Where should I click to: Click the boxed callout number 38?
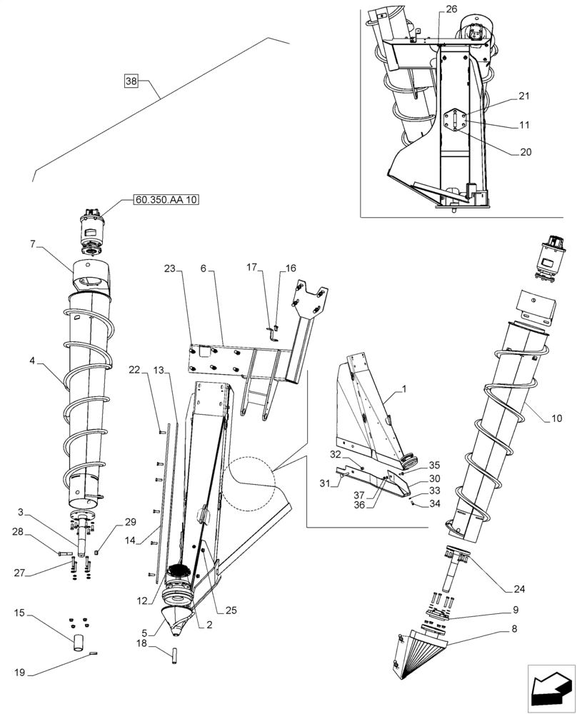131,81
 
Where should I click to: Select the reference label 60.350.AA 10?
166,200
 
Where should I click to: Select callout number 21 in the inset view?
524,96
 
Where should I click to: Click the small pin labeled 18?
174,655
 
